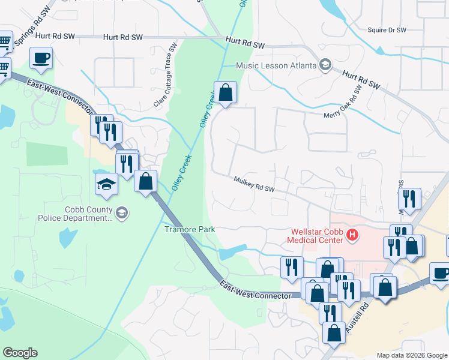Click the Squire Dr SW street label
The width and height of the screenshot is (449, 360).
(x=387, y=29)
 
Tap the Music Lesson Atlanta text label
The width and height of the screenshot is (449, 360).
(x=276, y=65)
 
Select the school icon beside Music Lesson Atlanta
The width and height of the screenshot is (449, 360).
(x=325, y=64)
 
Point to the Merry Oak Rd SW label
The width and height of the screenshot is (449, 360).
(x=343, y=102)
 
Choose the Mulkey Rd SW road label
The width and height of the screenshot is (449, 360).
(x=254, y=184)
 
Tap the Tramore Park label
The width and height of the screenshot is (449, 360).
(x=190, y=229)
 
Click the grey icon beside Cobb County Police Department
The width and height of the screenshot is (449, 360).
(x=122, y=213)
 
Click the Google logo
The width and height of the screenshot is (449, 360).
(x=20, y=352)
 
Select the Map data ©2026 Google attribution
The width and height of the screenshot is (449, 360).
(x=411, y=355)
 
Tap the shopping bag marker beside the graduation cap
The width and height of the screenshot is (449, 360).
(x=145, y=181)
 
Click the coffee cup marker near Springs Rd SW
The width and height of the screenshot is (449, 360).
(x=41, y=58)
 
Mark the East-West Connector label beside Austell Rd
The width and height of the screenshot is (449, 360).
(x=255, y=289)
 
